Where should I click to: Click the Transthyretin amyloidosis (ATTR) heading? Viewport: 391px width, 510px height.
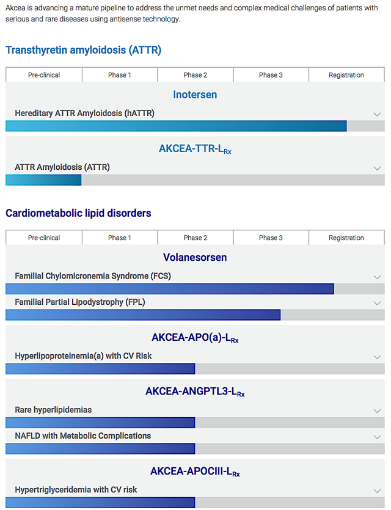(x=83, y=50)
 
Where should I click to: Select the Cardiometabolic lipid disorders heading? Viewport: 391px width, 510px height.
(x=78, y=213)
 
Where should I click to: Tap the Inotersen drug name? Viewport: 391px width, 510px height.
(x=195, y=95)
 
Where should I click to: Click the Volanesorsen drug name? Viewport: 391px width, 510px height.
(x=195, y=257)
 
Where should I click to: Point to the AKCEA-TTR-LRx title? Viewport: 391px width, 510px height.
(x=195, y=148)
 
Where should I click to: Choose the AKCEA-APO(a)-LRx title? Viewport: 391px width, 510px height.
(x=195, y=337)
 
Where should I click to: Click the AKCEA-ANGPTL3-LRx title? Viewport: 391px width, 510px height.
(x=195, y=392)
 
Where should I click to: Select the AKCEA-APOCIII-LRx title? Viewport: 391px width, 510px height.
(x=195, y=471)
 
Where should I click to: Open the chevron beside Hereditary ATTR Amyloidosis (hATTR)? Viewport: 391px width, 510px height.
(x=377, y=114)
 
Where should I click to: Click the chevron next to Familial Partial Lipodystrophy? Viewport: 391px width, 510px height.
(x=377, y=303)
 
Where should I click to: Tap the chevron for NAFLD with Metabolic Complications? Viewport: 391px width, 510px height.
(x=377, y=437)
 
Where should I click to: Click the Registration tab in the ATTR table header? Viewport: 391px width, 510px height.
(x=346, y=75)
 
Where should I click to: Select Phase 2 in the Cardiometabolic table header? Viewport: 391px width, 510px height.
(x=195, y=238)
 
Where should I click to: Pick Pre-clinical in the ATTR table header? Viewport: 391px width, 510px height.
(x=44, y=75)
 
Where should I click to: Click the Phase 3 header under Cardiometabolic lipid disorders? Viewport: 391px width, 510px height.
(x=271, y=238)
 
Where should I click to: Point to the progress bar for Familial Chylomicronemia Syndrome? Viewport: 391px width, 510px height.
(x=170, y=289)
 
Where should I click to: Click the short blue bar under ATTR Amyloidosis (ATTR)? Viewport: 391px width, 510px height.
(x=43, y=180)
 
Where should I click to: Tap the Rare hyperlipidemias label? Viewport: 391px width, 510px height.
(x=53, y=410)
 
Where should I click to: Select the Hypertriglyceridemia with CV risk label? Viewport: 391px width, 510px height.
(x=76, y=489)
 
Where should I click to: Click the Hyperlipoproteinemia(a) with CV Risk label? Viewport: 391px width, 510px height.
(x=83, y=355)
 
